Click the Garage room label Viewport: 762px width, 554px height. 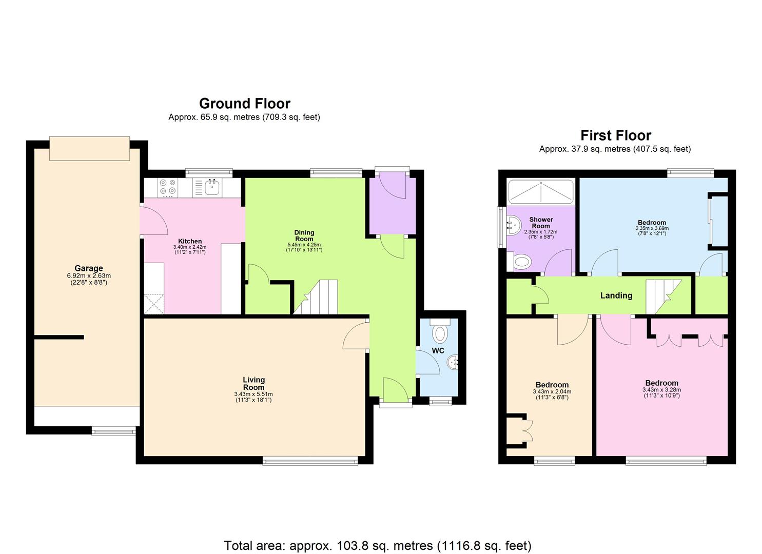88,268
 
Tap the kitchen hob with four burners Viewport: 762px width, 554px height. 167,187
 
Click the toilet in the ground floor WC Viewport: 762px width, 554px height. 440,333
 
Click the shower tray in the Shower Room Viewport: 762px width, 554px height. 540,192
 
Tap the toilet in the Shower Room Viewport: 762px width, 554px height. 521,263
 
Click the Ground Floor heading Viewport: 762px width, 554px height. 244,104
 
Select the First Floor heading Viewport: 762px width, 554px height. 615,135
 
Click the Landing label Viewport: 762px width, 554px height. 616,295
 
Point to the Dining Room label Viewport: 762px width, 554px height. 304,235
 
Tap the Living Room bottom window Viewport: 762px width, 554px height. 310,461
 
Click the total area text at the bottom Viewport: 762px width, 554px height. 377,545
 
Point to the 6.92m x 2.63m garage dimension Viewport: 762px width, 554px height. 88,276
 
